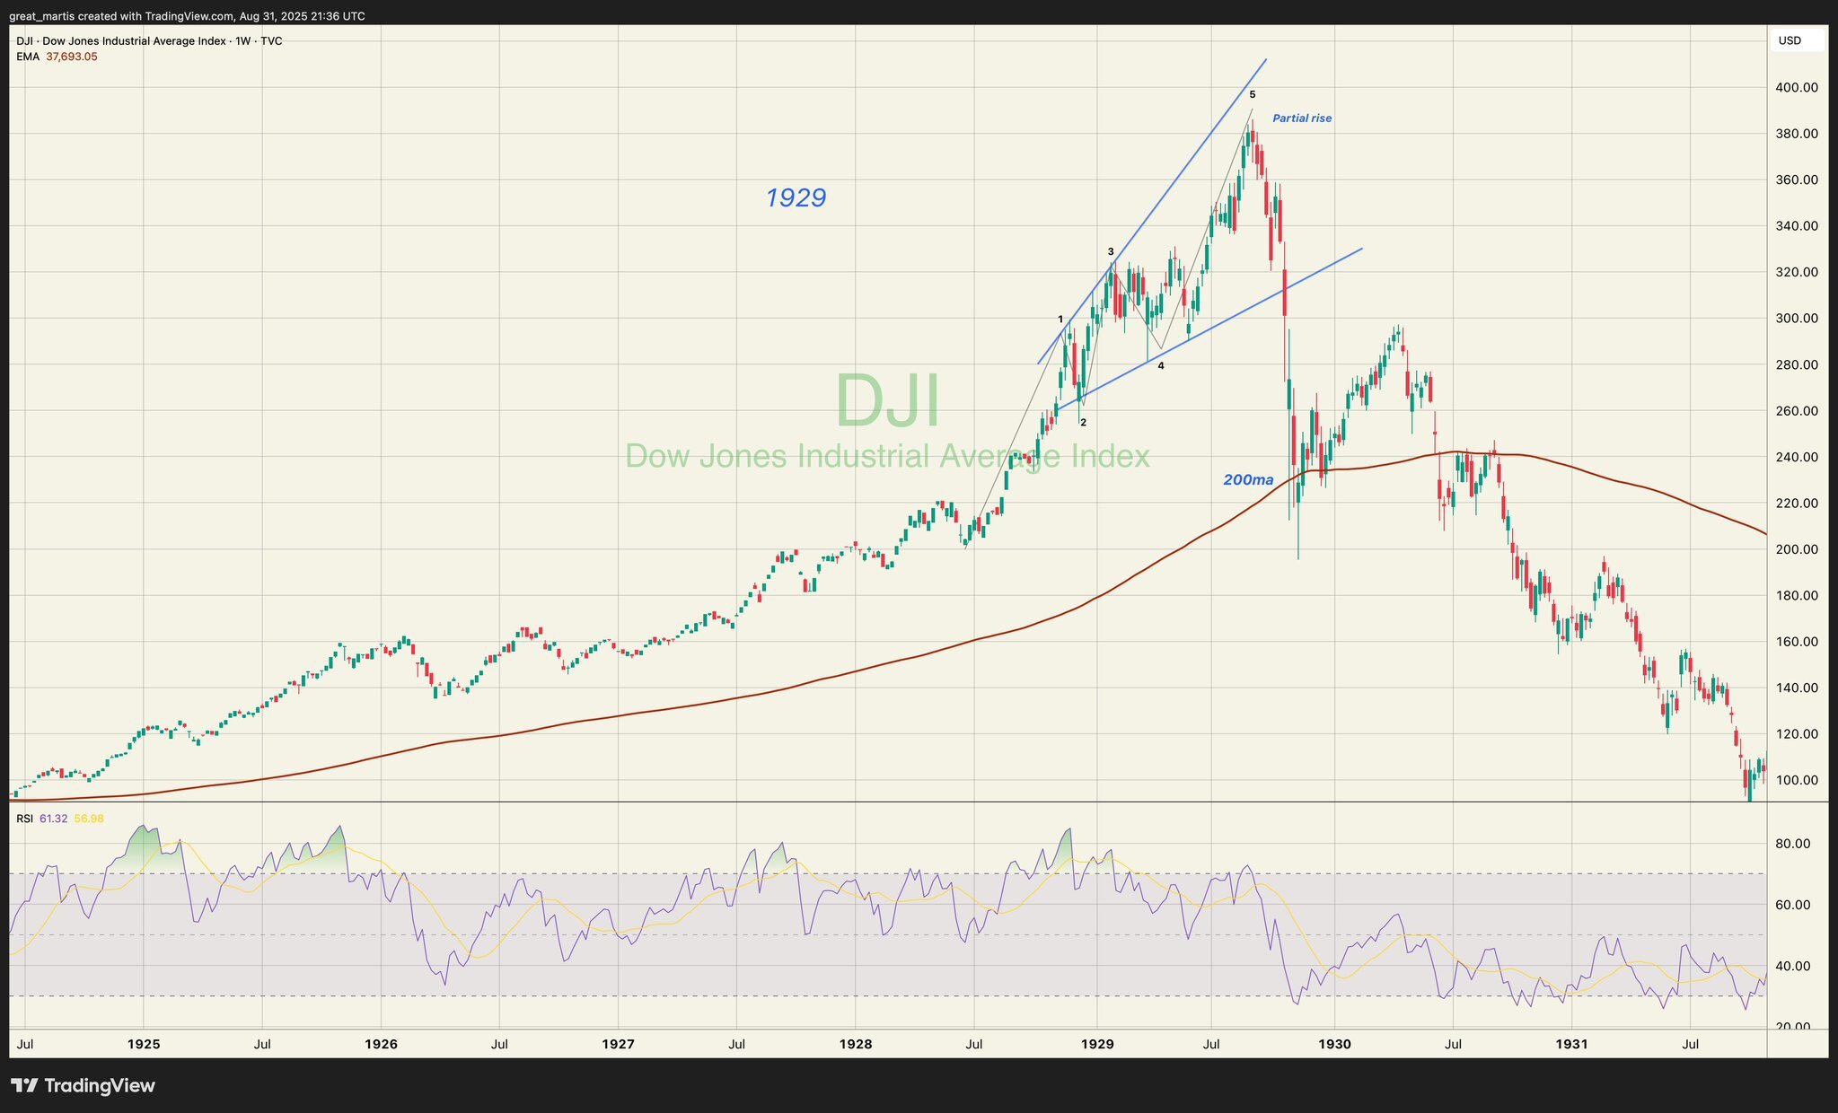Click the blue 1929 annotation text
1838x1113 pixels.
point(796,197)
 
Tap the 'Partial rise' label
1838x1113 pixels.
point(1302,118)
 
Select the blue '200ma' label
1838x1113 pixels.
point(1248,480)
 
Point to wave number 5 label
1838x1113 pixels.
point(1253,94)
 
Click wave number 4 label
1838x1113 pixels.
point(1161,366)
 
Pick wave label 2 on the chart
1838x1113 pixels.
point(1084,423)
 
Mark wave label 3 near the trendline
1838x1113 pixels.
point(1111,252)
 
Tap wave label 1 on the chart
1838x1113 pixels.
point(1060,320)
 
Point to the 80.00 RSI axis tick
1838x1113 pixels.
point(1799,844)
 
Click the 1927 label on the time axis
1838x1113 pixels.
point(619,1045)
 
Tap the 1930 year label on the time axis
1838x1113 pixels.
point(1334,1045)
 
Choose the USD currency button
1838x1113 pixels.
point(1790,40)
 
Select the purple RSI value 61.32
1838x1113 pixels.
point(54,819)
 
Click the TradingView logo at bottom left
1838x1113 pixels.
point(83,1086)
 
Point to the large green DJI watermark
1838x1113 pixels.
point(887,401)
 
